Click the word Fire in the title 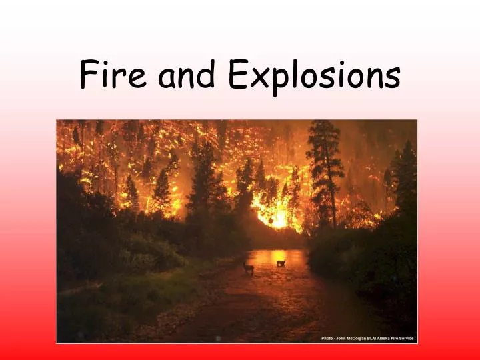114,75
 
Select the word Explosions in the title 314,76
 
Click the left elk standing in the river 248,267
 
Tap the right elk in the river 281,262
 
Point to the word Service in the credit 407,339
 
